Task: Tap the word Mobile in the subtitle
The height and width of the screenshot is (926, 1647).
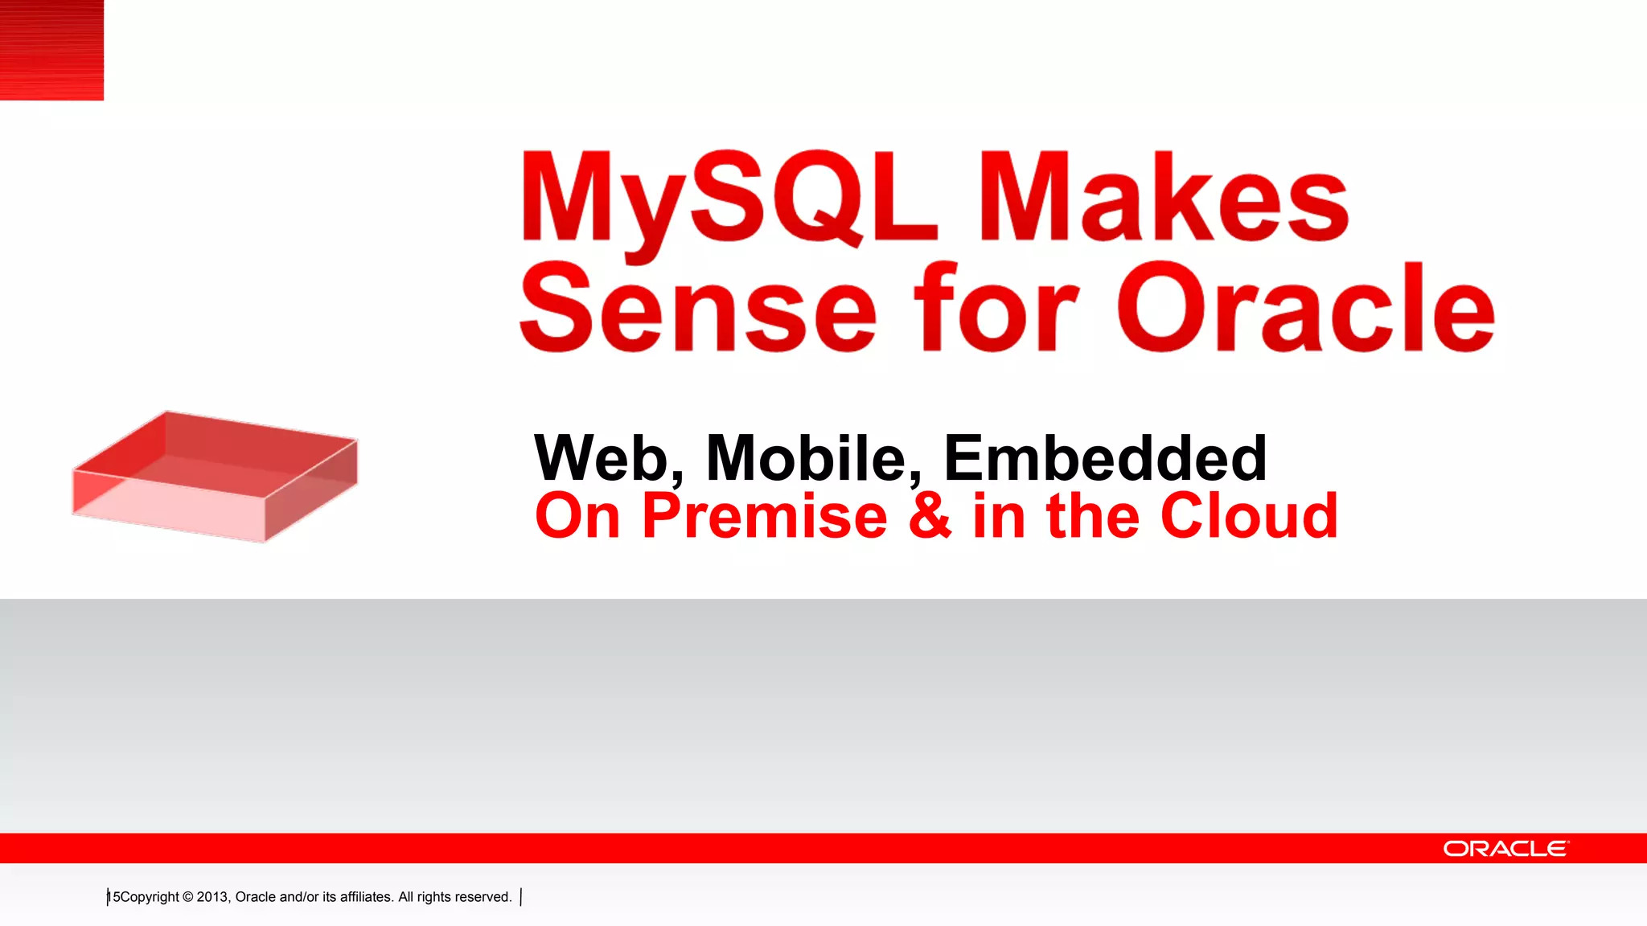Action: pyautogui.click(x=812, y=458)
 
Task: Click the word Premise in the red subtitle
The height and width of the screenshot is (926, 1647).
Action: pyautogui.click(x=764, y=516)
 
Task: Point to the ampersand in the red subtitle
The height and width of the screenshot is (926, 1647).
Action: pyautogui.click(x=930, y=516)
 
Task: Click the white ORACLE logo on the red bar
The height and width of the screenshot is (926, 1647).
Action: pyautogui.click(x=1505, y=849)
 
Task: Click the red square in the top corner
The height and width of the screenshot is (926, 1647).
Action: pyautogui.click(x=51, y=50)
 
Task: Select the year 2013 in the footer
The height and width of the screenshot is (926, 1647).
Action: pyautogui.click(x=212, y=897)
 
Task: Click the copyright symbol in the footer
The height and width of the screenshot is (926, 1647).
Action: pyautogui.click(x=187, y=897)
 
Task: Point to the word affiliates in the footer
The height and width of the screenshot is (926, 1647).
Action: pyautogui.click(x=365, y=897)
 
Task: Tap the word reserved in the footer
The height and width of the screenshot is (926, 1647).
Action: pyautogui.click(x=483, y=897)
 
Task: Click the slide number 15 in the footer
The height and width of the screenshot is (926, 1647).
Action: pyautogui.click(x=114, y=897)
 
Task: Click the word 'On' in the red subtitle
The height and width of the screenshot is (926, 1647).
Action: pyautogui.click(x=577, y=516)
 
